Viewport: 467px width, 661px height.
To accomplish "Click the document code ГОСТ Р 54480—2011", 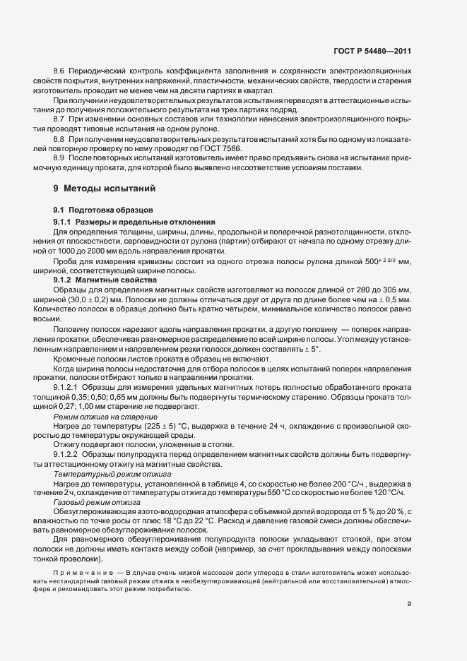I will click(372, 52).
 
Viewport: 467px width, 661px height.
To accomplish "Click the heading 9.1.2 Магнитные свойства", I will click(105, 280).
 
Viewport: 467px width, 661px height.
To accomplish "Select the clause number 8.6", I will click(59, 71).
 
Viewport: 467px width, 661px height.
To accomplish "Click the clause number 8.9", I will click(59, 160).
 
